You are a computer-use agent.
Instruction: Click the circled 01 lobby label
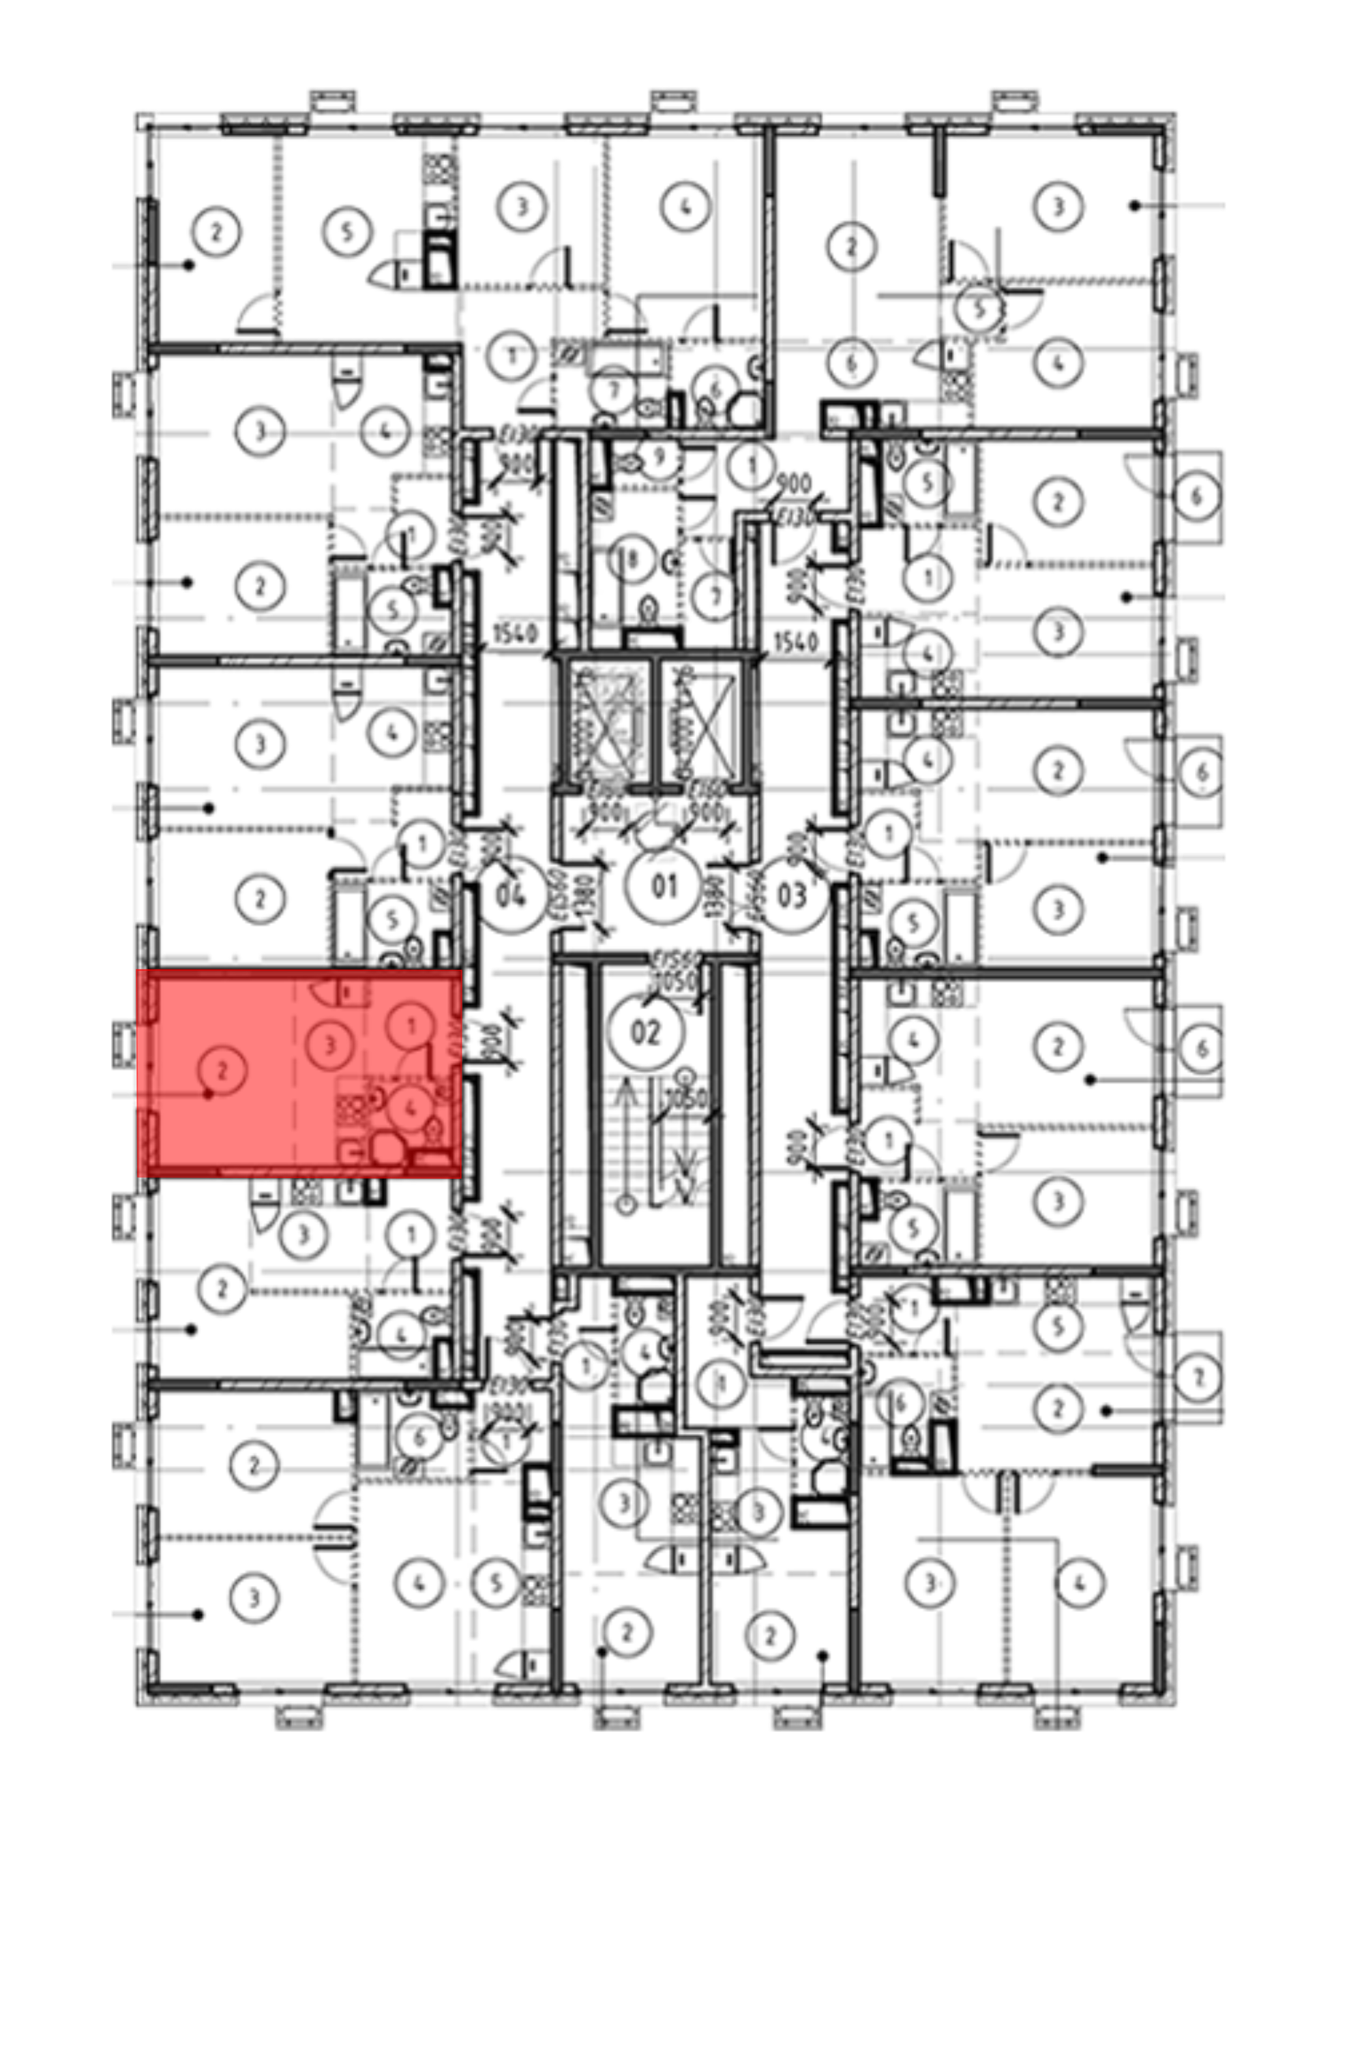click(664, 888)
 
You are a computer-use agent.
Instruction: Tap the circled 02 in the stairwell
click(645, 1034)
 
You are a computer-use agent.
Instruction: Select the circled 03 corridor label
click(790, 895)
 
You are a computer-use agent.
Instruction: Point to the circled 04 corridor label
click(514, 895)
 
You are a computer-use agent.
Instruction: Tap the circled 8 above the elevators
click(634, 560)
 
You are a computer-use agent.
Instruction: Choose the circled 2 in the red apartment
click(222, 1071)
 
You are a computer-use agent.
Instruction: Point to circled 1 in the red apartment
click(411, 1026)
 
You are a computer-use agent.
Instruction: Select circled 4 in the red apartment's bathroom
click(411, 1109)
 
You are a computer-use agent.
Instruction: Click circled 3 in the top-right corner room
click(1058, 207)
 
